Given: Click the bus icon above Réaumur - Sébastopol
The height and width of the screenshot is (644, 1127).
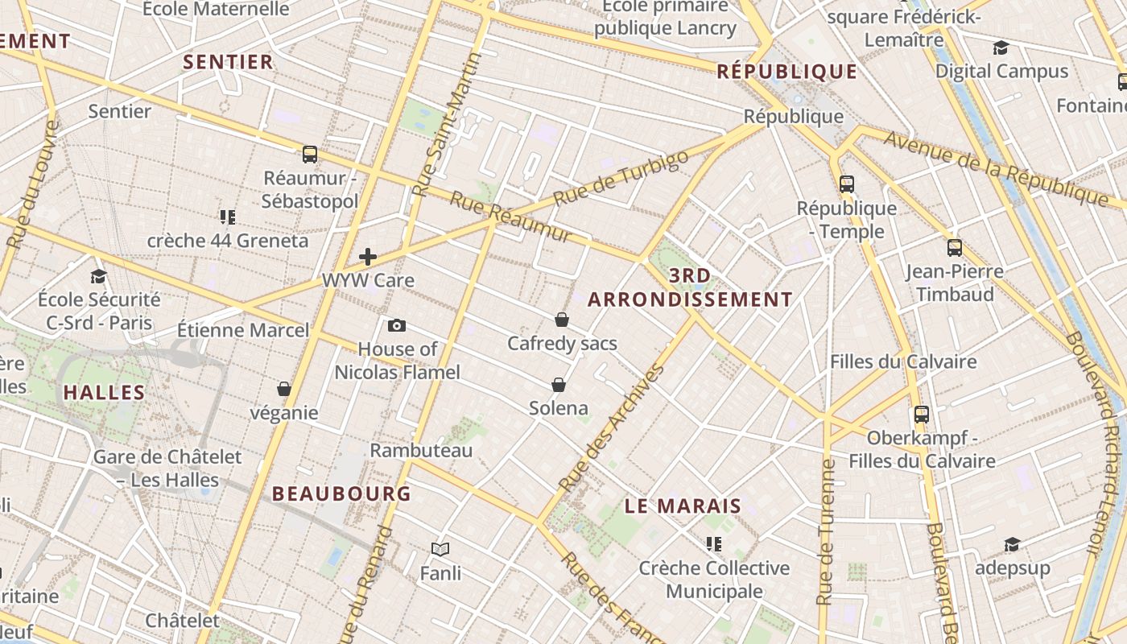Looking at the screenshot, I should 310,154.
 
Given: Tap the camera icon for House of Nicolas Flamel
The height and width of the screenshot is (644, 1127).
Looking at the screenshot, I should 396,325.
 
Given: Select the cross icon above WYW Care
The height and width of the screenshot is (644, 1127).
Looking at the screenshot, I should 368,257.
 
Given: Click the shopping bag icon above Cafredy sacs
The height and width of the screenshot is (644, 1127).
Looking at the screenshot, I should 562,320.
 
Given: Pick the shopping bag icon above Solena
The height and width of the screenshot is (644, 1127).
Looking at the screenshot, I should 559,385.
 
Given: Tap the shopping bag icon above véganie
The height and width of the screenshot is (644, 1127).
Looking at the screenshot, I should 283,389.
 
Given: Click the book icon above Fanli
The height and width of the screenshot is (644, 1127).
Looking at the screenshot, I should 440,549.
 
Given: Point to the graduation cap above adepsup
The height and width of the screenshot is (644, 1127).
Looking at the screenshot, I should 1012,545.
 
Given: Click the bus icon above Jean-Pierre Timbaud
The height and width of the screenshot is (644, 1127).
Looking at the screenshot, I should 955,248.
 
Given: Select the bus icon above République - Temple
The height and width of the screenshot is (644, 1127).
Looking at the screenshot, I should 846,184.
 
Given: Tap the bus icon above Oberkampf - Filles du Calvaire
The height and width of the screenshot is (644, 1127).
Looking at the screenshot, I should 922,415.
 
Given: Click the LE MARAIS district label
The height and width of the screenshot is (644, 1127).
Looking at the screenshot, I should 683,506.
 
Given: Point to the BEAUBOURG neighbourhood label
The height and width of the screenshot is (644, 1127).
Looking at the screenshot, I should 341,493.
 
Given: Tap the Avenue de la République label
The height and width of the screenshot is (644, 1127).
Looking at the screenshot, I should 997,167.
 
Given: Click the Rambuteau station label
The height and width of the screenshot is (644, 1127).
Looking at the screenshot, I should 421,450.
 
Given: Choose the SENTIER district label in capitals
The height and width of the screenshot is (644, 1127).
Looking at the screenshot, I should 228,62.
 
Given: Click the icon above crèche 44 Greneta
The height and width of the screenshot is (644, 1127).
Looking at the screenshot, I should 227,217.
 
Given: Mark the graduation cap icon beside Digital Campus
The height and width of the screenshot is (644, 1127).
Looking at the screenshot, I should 1001,48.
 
